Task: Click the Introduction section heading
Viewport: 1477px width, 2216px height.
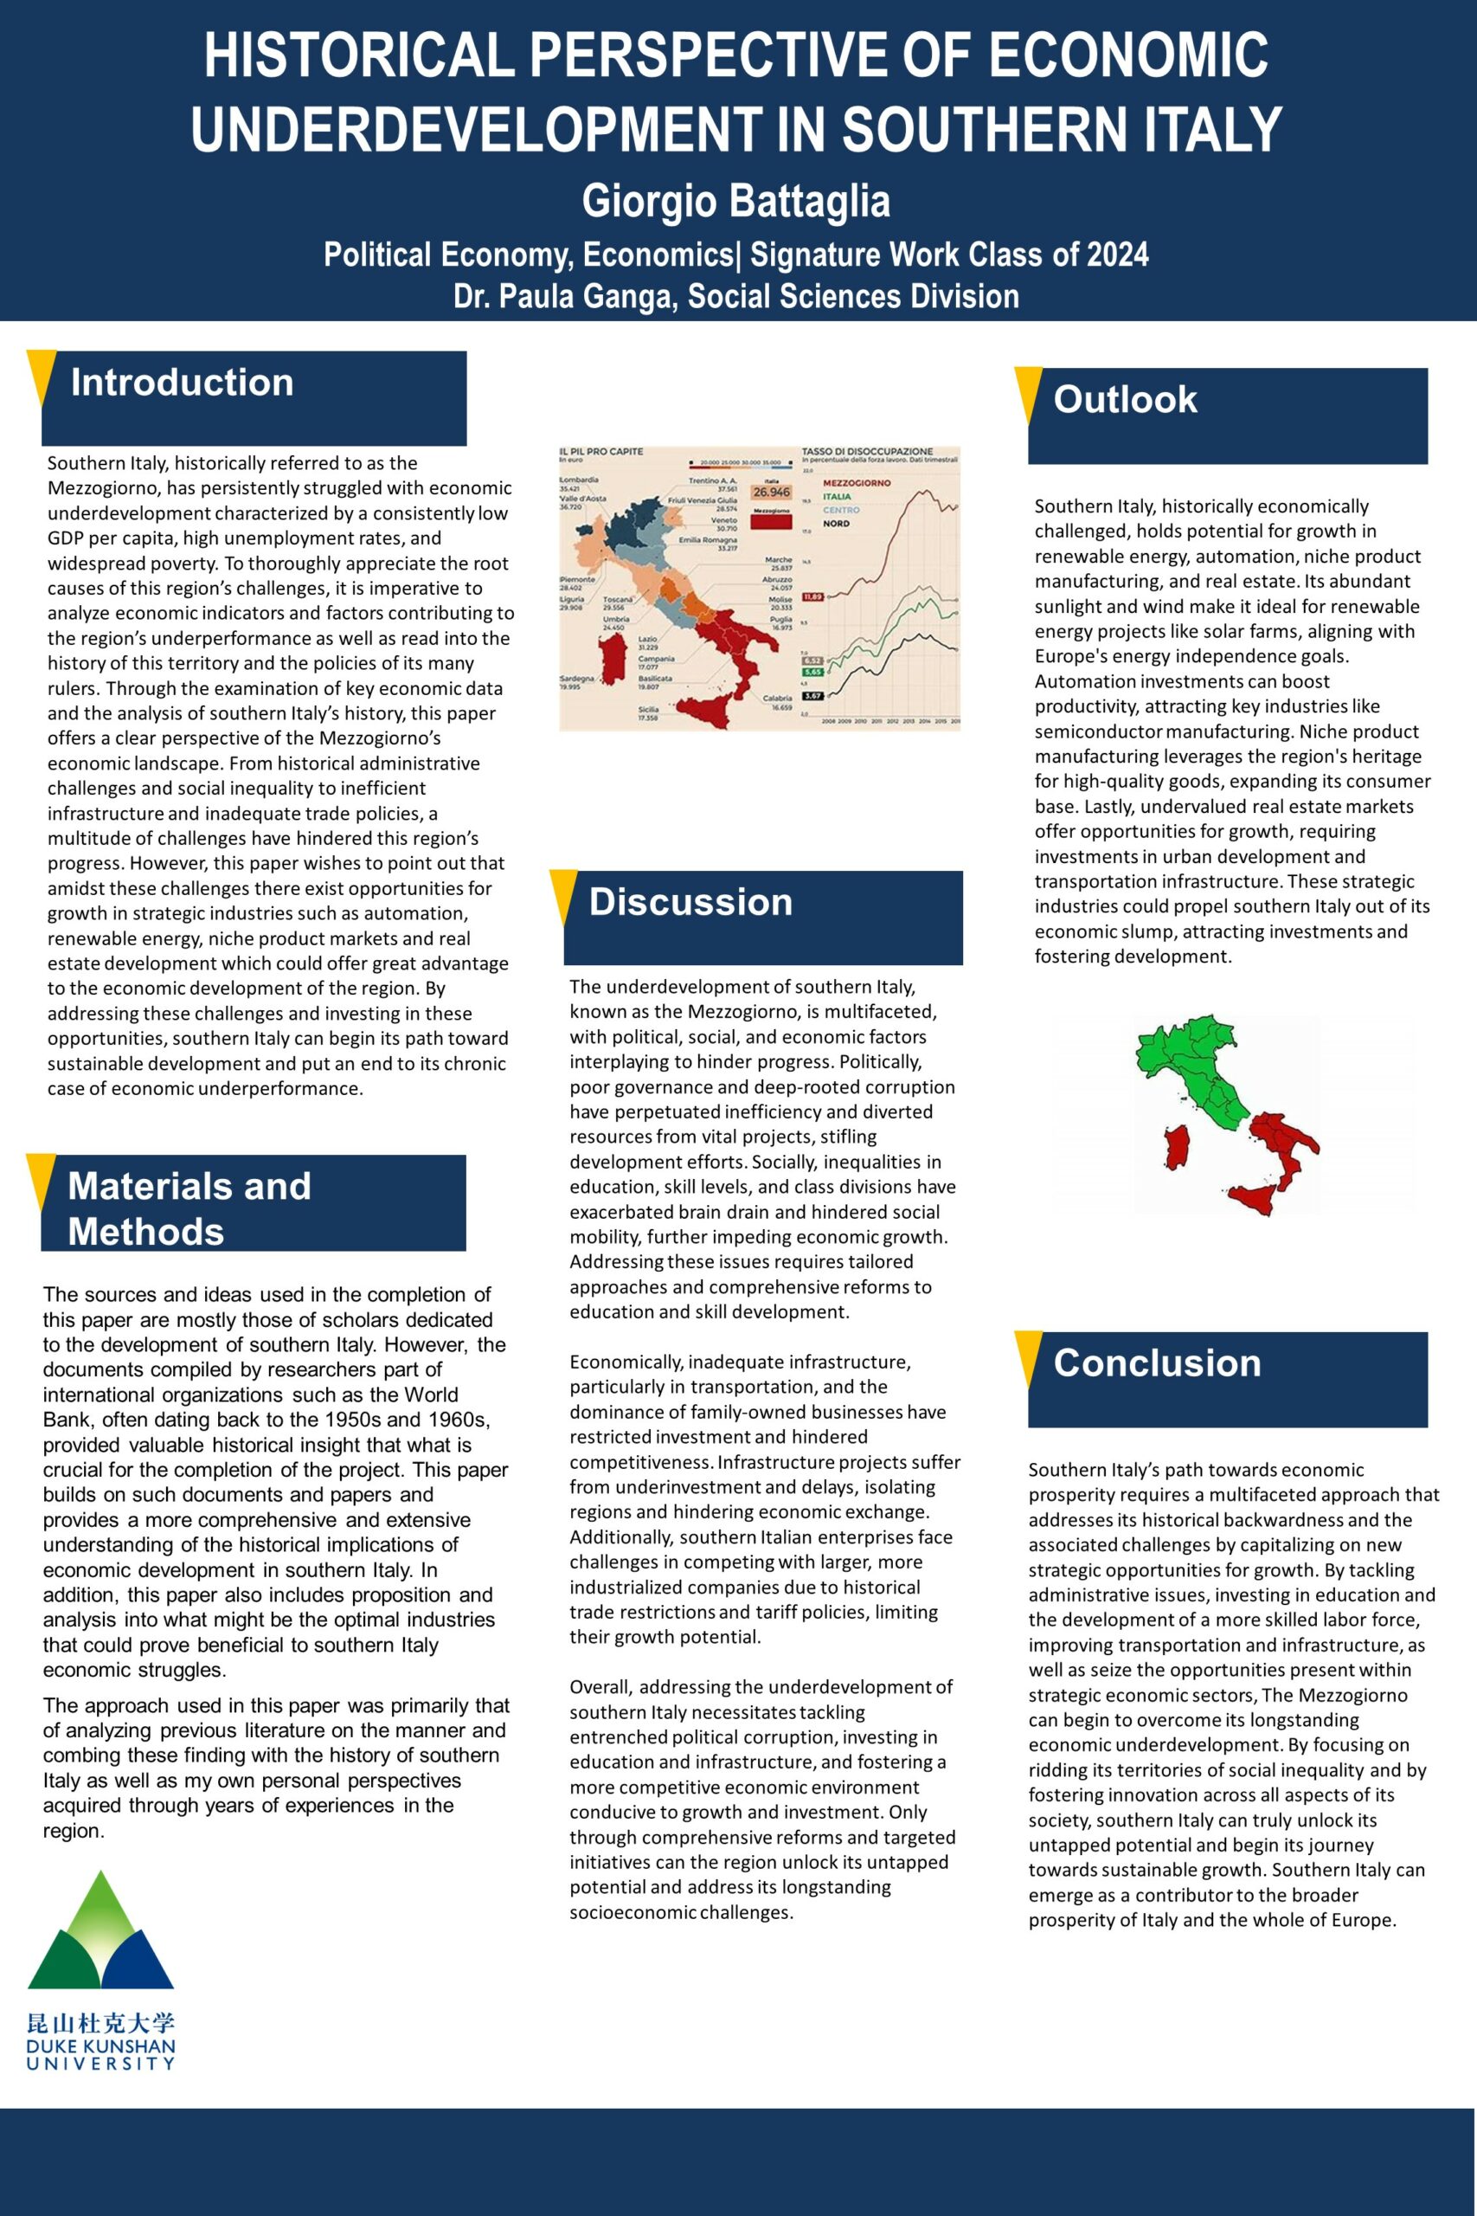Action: pyautogui.click(x=182, y=383)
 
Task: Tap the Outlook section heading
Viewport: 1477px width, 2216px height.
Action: pyautogui.click(x=1125, y=399)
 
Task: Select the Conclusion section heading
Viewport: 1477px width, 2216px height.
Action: pyautogui.click(x=1157, y=1363)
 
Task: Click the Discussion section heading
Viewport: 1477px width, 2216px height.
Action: pyautogui.click(x=690, y=903)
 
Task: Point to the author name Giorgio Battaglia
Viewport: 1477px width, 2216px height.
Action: pyautogui.click(x=735, y=202)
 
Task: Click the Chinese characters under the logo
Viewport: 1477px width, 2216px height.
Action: pyautogui.click(x=100, y=2023)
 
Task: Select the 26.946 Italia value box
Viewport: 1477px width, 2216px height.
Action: pyautogui.click(x=771, y=492)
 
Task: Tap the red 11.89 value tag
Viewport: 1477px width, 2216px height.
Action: pyautogui.click(x=812, y=596)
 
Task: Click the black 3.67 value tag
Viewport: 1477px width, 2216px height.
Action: pyautogui.click(x=812, y=696)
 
